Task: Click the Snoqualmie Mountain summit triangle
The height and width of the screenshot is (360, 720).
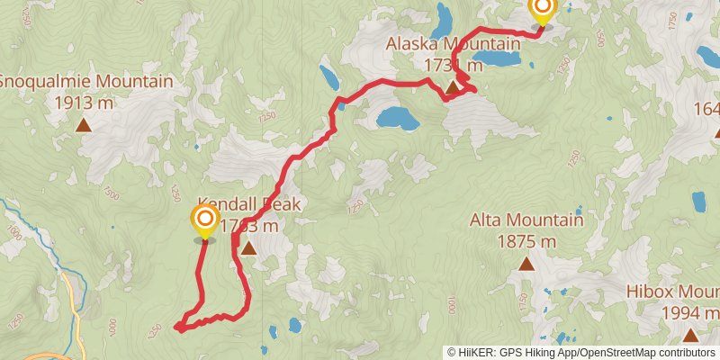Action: point(83,125)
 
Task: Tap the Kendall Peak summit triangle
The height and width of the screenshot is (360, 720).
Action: point(247,248)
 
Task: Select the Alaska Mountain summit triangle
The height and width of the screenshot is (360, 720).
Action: point(453,87)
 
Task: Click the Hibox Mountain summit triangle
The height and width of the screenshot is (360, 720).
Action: point(690,335)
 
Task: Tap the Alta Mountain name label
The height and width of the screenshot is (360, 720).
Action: point(526,220)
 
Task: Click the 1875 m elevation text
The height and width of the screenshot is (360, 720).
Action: point(526,241)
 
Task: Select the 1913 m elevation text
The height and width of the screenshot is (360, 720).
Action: point(83,103)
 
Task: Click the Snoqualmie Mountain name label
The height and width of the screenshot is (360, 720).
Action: point(85,81)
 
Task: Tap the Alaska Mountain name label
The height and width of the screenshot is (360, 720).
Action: point(453,43)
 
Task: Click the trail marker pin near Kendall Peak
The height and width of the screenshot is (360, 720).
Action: point(205,220)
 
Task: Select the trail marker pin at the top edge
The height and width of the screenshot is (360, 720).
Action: point(542,10)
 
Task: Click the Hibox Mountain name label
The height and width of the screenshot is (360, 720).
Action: point(675,292)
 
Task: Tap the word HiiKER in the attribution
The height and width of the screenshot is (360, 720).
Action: point(476,352)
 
